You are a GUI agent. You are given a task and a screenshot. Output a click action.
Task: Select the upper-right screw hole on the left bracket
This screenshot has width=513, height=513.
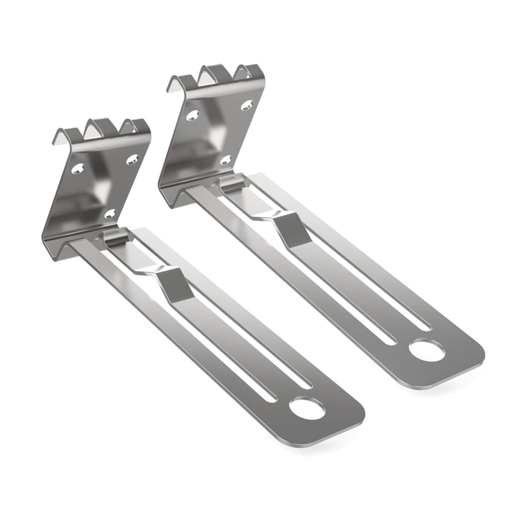132,159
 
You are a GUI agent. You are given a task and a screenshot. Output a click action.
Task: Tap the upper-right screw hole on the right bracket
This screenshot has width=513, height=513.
246,105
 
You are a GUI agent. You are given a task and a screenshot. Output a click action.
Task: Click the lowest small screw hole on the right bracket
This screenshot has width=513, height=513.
225,160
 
